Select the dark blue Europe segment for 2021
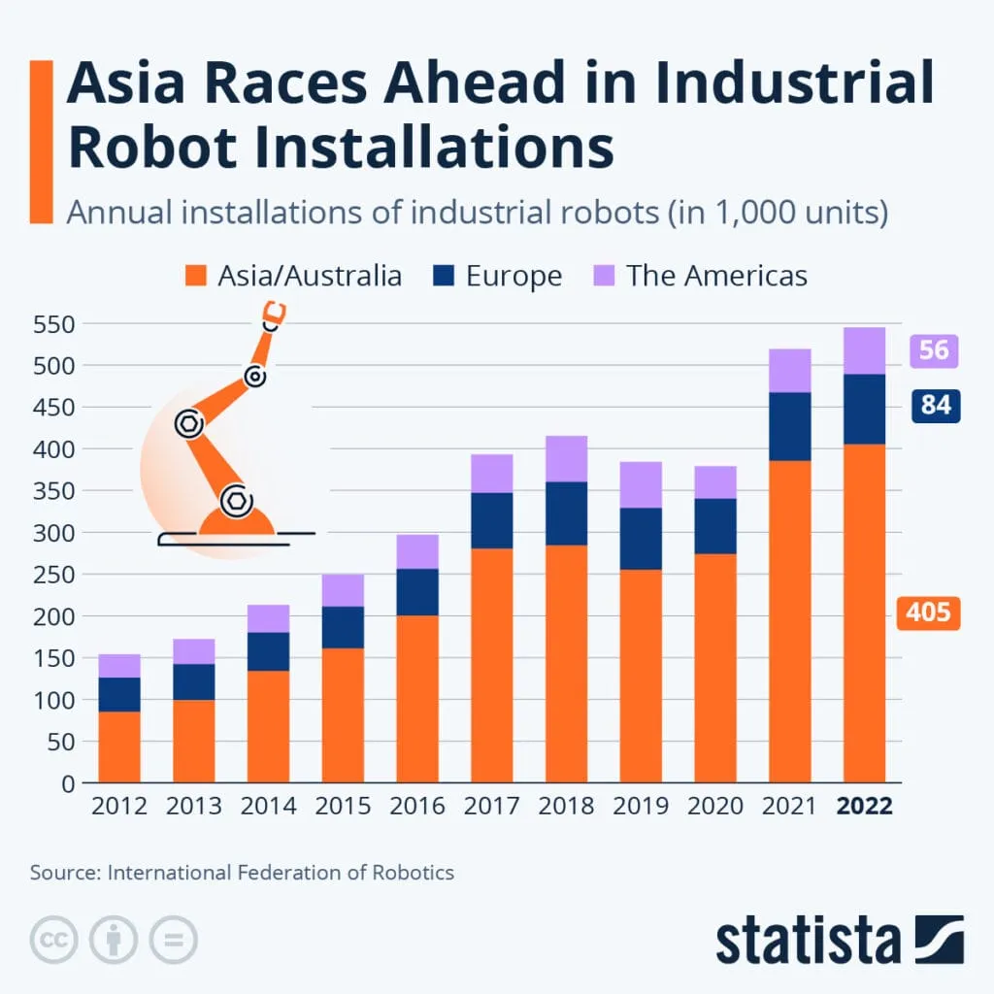click(789, 426)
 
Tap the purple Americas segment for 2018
click(566, 458)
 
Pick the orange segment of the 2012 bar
click(119, 746)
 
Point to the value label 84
click(935, 405)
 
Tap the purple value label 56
click(933, 349)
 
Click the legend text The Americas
click(716, 276)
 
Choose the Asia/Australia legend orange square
click(195, 276)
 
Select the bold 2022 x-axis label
click(864, 807)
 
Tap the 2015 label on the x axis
click(343, 807)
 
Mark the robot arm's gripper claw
click(274, 315)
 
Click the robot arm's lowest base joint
click(236, 501)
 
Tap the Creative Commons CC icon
click(54, 940)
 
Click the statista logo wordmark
click(808, 940)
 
